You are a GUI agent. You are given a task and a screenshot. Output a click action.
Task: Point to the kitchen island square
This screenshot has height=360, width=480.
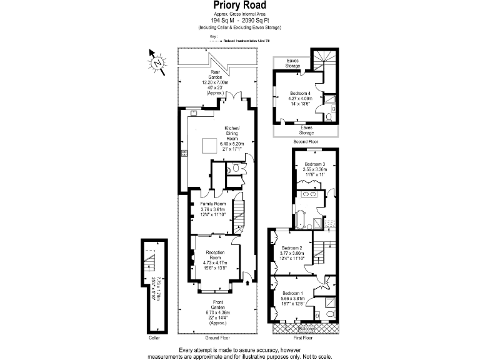[207, 146]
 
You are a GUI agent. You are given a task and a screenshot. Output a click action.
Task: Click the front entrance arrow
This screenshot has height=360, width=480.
[249, 283]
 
